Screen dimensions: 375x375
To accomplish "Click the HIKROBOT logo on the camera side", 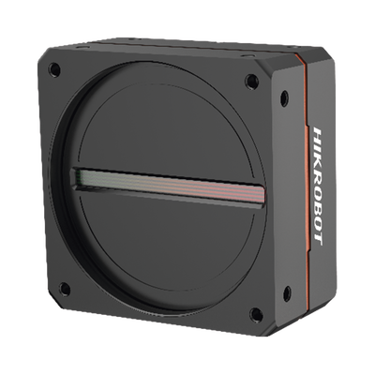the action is click(318, 187).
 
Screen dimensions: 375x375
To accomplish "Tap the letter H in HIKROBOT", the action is click(318, 133).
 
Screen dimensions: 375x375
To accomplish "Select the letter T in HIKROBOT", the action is click(318, 241).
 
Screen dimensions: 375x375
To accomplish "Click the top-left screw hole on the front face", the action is click(54, 69).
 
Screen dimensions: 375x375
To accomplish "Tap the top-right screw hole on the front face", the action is click(250, 82).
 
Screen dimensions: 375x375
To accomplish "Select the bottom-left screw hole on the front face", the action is click(65, 289).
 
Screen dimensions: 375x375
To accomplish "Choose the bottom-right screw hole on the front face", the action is click(256, 315).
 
